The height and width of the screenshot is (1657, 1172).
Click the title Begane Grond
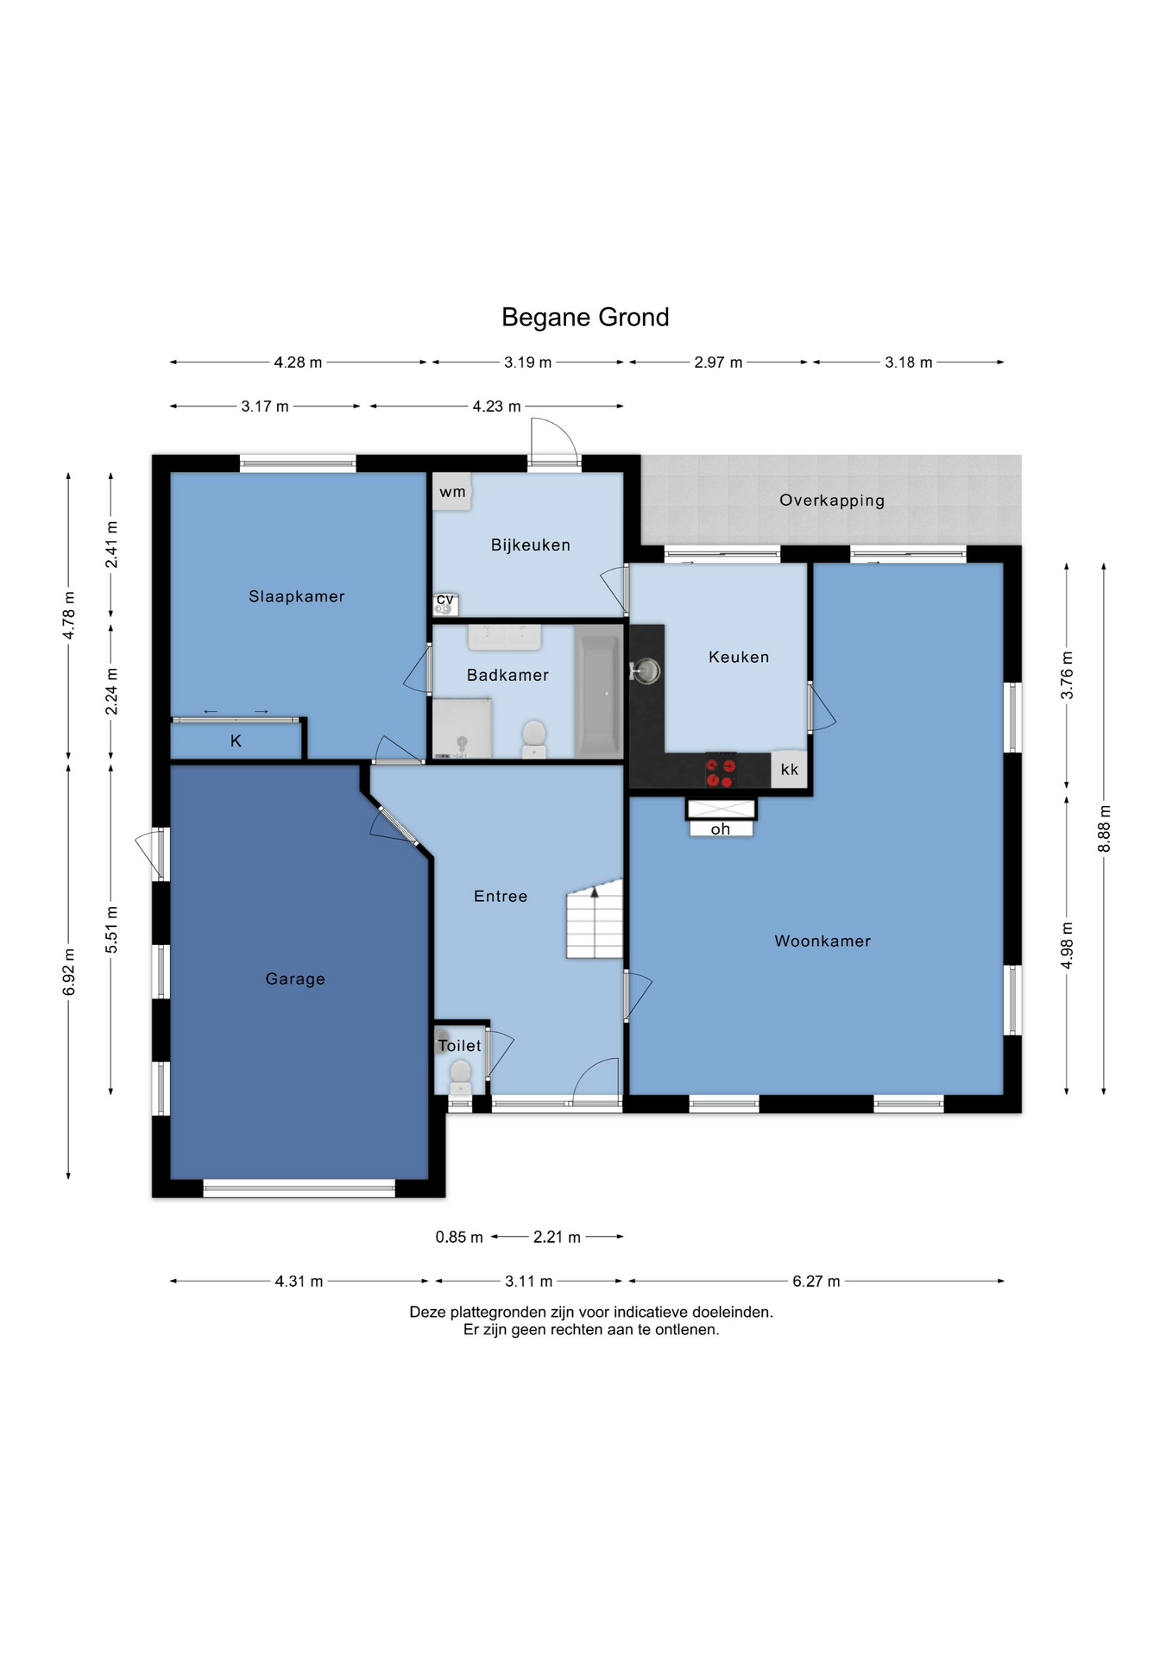point(585,318)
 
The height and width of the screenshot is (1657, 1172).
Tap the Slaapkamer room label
point(297,596)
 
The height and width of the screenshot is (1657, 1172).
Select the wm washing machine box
point(452,492)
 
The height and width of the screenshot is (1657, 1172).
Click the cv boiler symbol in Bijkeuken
point(445,604)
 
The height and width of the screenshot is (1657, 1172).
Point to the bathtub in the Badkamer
point(597,696)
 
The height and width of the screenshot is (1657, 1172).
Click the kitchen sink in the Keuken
point(646,670)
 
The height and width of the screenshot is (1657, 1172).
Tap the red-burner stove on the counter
point(721,772)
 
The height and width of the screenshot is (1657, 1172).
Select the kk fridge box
point(790,770)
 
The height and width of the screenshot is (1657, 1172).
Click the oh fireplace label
point(721,829)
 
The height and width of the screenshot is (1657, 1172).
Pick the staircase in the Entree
point(595,919)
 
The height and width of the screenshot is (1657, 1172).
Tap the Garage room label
point(295,979)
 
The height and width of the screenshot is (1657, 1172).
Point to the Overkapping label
point(832,501)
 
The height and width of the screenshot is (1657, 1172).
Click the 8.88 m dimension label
point(1105,829)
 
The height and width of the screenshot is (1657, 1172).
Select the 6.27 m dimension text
point(816,1282)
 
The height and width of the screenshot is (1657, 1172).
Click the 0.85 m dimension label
point(459,1238)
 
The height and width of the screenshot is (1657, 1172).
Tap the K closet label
point(236,741)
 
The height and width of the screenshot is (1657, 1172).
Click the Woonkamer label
point(822,942)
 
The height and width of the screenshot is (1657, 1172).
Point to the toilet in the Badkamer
point(534,739)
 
